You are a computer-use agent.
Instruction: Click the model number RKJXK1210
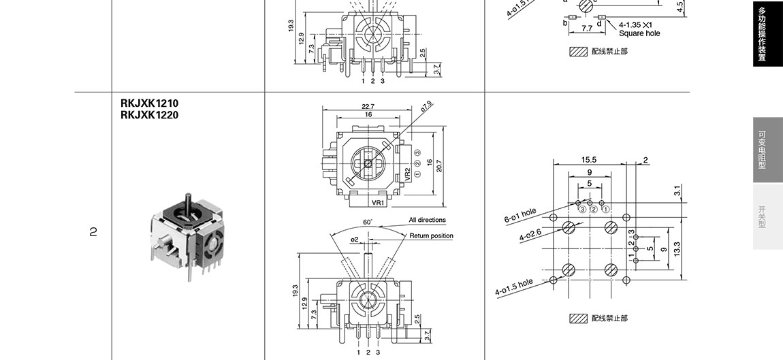tap(149, 103)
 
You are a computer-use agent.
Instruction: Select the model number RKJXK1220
tap(149, 115)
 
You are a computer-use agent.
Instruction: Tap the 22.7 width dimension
tap(368, 106)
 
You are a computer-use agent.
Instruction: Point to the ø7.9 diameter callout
tap(426, 106)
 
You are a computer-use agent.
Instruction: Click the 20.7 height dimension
tap(439, 166)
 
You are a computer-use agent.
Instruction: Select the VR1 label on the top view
tap(378, 203)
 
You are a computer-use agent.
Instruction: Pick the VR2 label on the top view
tap(407, 174)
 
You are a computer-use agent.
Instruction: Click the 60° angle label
tap(368, 222)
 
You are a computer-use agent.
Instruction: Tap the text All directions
tap(428, 220)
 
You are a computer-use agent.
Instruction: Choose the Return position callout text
tap(432, 235)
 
